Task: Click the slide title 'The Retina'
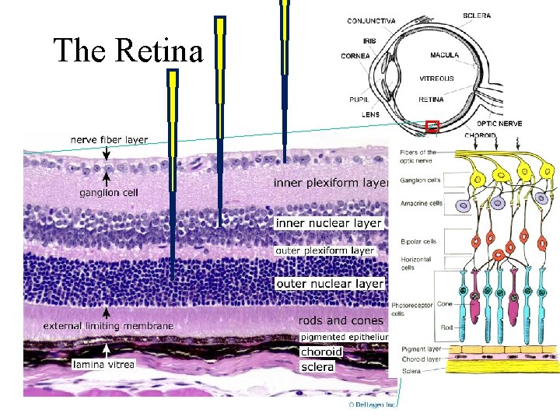pos(128,51)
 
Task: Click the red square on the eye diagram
pos(432,126)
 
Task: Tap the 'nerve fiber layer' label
pos(109,140)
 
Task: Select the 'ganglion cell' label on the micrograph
pos(109,192)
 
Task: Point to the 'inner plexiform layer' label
pos(331,183)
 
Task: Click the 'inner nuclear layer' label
pos(329,223)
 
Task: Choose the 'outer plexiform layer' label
pos(325,250)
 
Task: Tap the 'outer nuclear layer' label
pos(330,283)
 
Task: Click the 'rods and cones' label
pos(341,320)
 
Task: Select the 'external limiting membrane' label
pos(108,325)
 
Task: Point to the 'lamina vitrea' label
pos(103,364)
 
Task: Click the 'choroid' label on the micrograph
pos(320,352)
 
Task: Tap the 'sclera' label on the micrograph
pos(317,366)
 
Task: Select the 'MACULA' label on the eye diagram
pos(444,55)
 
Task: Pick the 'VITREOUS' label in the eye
pos(436,78)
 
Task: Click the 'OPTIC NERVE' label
pos(499,123)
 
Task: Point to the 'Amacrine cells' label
pos(421,203)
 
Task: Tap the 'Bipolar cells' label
pos(418,241)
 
